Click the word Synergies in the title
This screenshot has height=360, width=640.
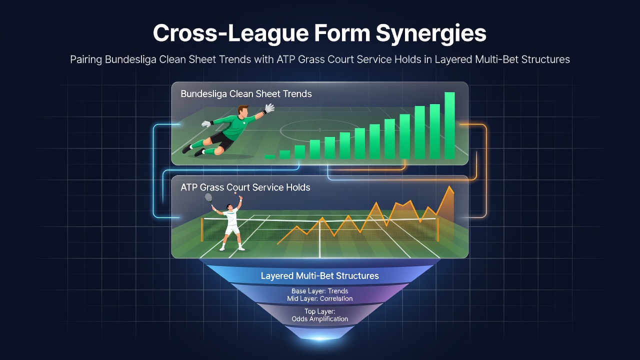click(431, 33)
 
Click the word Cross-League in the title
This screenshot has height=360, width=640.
click(230, 33)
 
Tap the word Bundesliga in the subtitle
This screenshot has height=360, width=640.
click(130, 59)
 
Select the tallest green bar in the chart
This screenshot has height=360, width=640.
click(449, 125)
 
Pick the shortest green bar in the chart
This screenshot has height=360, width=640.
click(270, 156)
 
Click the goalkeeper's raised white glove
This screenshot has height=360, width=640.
click(269, 108)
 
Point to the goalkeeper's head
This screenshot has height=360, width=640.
click(243, 111)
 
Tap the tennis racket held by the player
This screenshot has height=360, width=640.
click(209, 198)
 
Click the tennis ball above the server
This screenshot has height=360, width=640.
click(235, 193)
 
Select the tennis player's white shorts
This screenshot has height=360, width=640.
click(232, 229)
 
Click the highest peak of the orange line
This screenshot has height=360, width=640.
click(450, 186)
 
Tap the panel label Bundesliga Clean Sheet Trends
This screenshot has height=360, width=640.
click(246, 93)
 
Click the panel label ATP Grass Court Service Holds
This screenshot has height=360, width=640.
click(245, 187)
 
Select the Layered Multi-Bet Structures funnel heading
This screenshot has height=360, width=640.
click(319, 275)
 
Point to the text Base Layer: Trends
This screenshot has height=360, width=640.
click(319, 291)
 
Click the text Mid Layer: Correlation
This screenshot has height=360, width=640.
click(319, 298)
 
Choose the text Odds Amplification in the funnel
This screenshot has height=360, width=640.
click(319, 318)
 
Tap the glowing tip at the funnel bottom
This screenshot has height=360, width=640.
click(319, 338)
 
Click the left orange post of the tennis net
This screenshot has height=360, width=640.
click(202, 229)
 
